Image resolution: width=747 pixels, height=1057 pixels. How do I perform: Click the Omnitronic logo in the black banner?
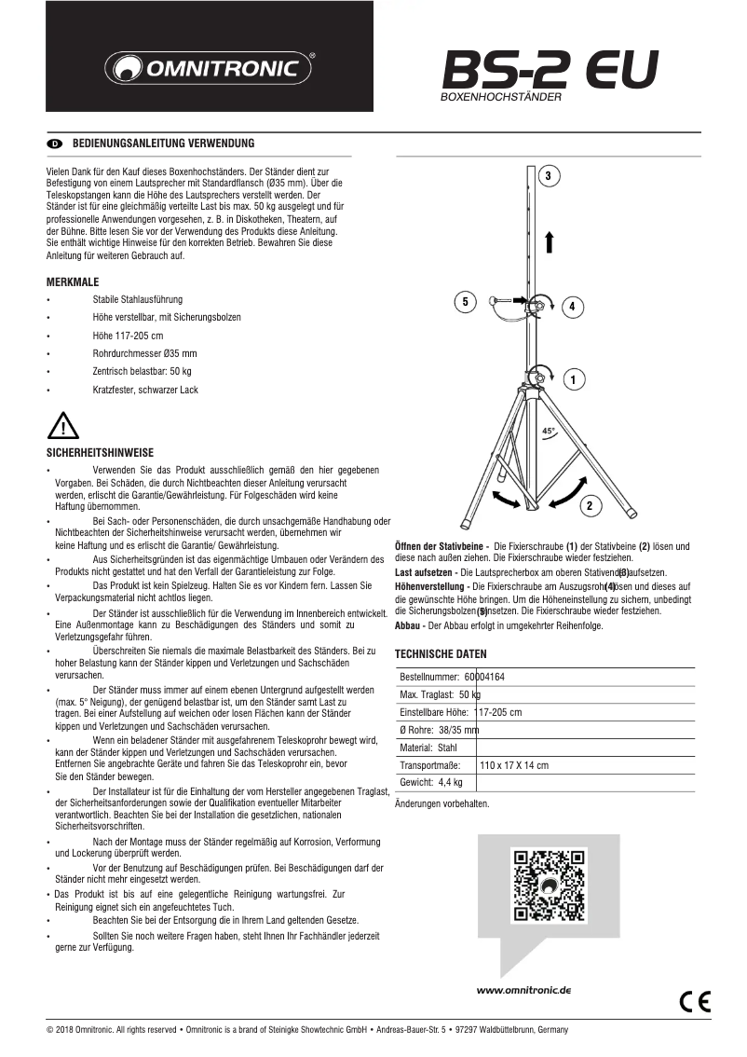[x=209, y=68]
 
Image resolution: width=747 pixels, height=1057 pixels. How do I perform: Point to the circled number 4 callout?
[x=572, y=306]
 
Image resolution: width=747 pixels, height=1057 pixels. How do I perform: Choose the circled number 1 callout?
[x=572, y=379]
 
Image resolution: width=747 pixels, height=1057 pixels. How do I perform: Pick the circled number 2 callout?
[x=589, y=505]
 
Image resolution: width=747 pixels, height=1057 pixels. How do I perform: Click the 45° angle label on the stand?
[x=549, y=432]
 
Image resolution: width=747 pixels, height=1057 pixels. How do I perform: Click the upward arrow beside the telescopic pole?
[x=550, y=240]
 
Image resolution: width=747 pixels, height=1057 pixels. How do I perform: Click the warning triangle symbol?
[x=61, y=427]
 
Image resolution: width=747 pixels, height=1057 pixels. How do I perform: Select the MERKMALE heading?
[x=73, y=281]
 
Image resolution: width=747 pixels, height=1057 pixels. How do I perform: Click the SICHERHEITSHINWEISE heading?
[x=100, y=451]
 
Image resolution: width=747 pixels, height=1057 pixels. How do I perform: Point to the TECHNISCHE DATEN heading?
[x=441, y=653]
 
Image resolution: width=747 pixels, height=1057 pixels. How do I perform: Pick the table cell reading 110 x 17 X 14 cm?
[x=514, y=765]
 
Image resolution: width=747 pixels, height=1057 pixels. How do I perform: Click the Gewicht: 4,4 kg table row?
[x=431, y=782]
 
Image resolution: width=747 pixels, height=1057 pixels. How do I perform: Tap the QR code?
[x=549, y=885]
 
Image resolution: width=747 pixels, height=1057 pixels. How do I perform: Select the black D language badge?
[x=54, y=144]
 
